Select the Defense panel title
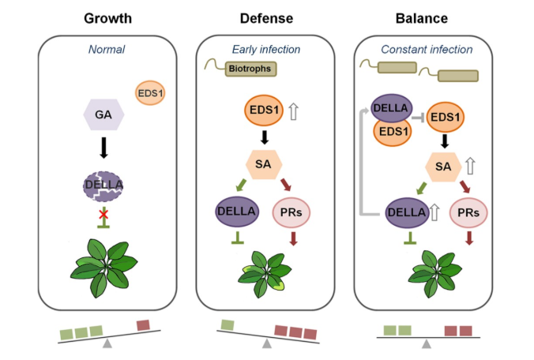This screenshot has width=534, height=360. [266, 18]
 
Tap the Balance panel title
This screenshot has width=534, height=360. [427, 18]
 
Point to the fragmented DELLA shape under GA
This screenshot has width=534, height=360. [105, 186]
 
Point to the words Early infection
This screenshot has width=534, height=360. [266, 50]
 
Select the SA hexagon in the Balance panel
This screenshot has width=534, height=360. [445, 165]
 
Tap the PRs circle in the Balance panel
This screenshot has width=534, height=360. [470, 212]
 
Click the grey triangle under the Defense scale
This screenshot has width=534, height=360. [267, 343]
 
